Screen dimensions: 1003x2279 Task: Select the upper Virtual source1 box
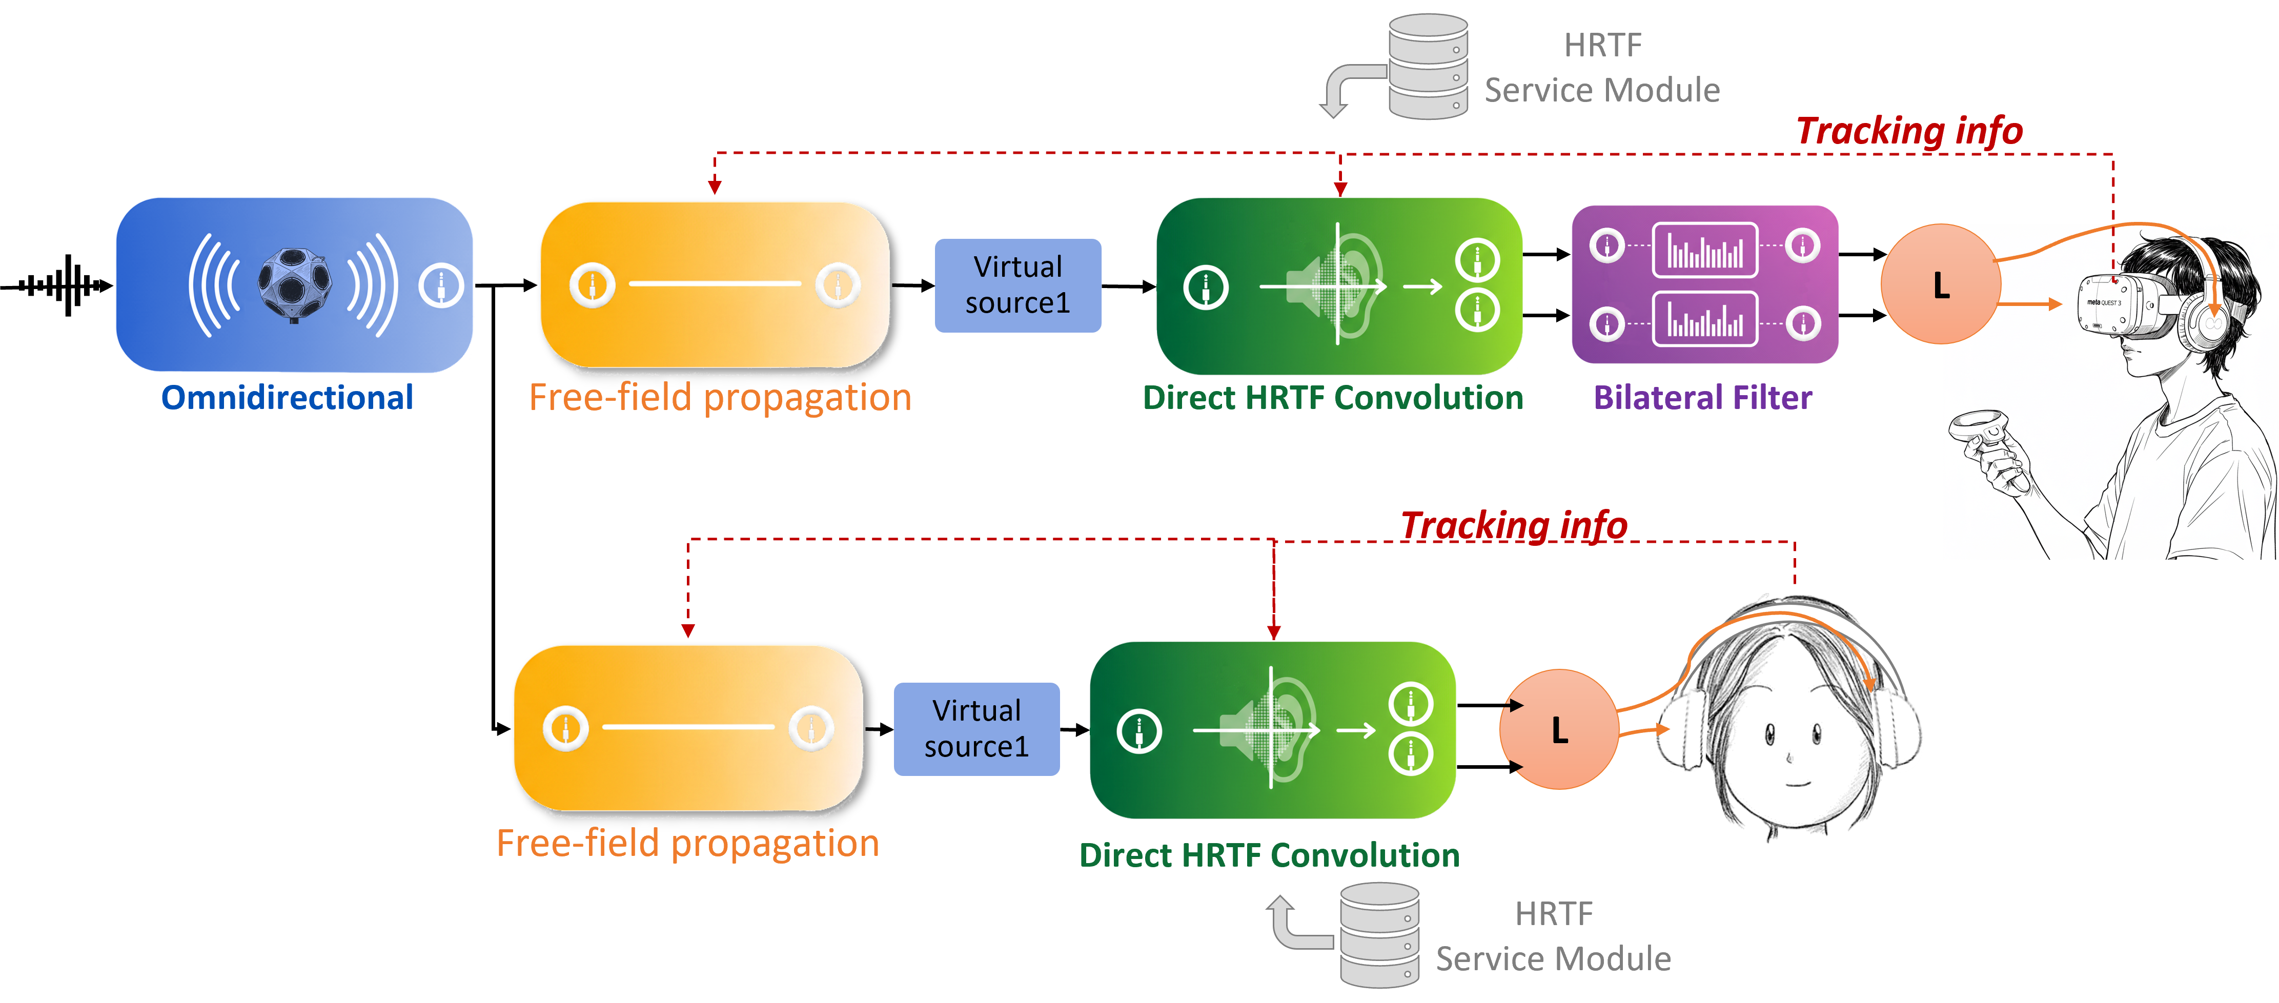pyautogui.click(x=1018, y=285)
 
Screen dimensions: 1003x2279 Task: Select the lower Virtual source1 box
pyautogui.click(x=976, y=729)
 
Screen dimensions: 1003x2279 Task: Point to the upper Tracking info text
pyautogui.click(x=1908, y=131)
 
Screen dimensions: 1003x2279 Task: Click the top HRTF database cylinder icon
pyautogui.click(x=1428, y=66)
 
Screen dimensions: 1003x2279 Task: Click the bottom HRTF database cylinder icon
pyautogui.click(x=1379, y=936)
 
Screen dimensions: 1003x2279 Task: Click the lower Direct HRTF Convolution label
pyautogui.click(x=1270, y=855)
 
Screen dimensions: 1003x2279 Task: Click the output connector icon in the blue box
pyautogui.click(x=441, y=285)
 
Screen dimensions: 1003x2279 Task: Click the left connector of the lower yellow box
pyautogui.click(x=565, y=728)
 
